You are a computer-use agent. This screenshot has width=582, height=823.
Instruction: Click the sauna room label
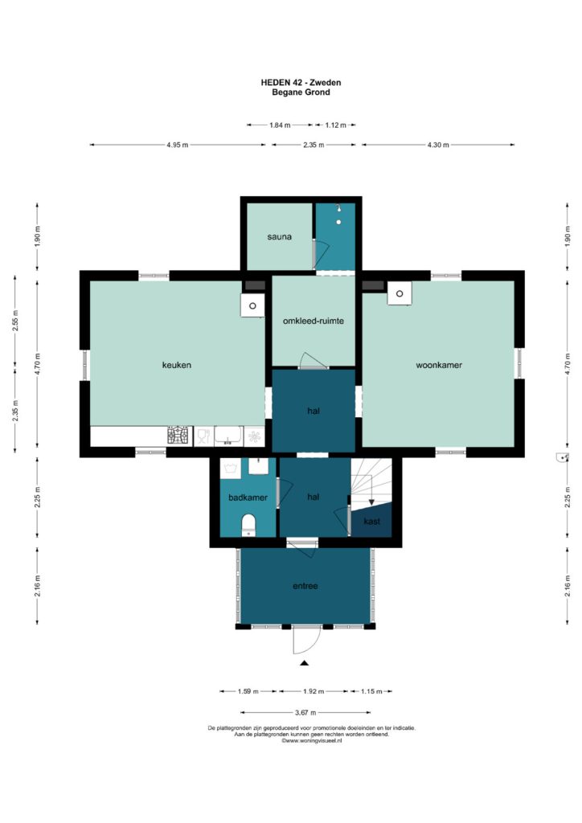[279, 237]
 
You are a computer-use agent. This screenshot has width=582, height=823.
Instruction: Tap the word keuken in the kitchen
[176, 365]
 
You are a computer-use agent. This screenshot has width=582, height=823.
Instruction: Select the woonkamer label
[439, 365]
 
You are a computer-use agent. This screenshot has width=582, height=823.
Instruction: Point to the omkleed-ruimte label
[314, 321]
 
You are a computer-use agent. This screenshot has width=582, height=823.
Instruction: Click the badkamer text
[248, 497]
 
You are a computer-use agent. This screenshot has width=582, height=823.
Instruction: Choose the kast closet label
[371, 521]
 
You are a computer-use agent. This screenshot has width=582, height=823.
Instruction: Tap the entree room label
[305, 586]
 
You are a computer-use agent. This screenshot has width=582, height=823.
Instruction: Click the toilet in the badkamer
[248, 526]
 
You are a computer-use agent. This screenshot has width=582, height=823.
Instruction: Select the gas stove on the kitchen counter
[178, 436]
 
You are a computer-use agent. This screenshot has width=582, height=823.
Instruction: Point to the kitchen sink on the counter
[227, 436]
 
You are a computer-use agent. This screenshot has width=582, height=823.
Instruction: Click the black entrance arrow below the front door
[305, 663]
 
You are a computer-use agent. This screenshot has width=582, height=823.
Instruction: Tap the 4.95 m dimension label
[178, 145]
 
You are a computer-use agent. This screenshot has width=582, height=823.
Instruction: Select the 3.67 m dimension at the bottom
[305, 712]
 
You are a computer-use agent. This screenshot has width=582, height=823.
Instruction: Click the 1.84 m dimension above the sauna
[280, 125]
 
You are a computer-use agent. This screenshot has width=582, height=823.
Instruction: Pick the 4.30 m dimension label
[438, 145]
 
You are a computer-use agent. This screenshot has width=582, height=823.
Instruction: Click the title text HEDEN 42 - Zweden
[301, 83]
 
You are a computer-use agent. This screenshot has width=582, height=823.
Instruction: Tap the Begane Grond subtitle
[301, 92]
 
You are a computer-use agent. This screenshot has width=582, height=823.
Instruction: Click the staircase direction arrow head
[371, 502]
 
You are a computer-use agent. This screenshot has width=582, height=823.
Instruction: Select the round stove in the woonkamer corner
[400, 293]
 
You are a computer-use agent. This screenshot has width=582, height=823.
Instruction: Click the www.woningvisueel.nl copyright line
[312, 740]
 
